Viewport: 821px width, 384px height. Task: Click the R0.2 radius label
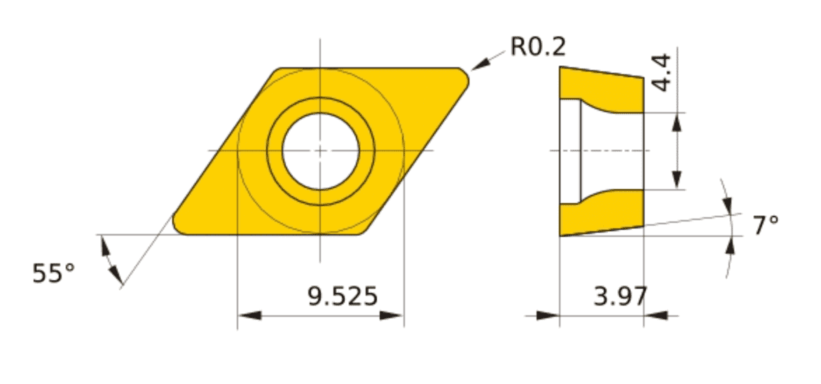point(538,47)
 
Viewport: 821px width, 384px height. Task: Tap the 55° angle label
point(53,273)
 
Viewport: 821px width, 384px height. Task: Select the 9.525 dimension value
point(343,296)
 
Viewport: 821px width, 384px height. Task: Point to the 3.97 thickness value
point(621,296)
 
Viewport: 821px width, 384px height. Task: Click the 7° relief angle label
point(766,225)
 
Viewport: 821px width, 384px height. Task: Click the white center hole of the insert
point(320,151)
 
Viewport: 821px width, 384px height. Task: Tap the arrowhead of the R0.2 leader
point(481,63)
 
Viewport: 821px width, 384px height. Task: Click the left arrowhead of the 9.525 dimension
point(249,315)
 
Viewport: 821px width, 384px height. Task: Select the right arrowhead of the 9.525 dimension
point(392,315)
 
